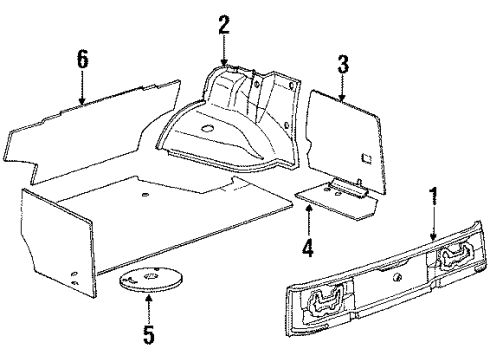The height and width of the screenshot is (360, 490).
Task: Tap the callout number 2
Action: pyautogui.click(x=224, y=25)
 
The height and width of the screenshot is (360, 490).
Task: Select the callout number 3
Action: pyautogui.click(x=342, y=68)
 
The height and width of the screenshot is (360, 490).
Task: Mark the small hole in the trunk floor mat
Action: pyautogui.click(x=144, y=193)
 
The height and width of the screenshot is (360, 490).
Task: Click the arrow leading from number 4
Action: pyautogui.click(x=308, y=224)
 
